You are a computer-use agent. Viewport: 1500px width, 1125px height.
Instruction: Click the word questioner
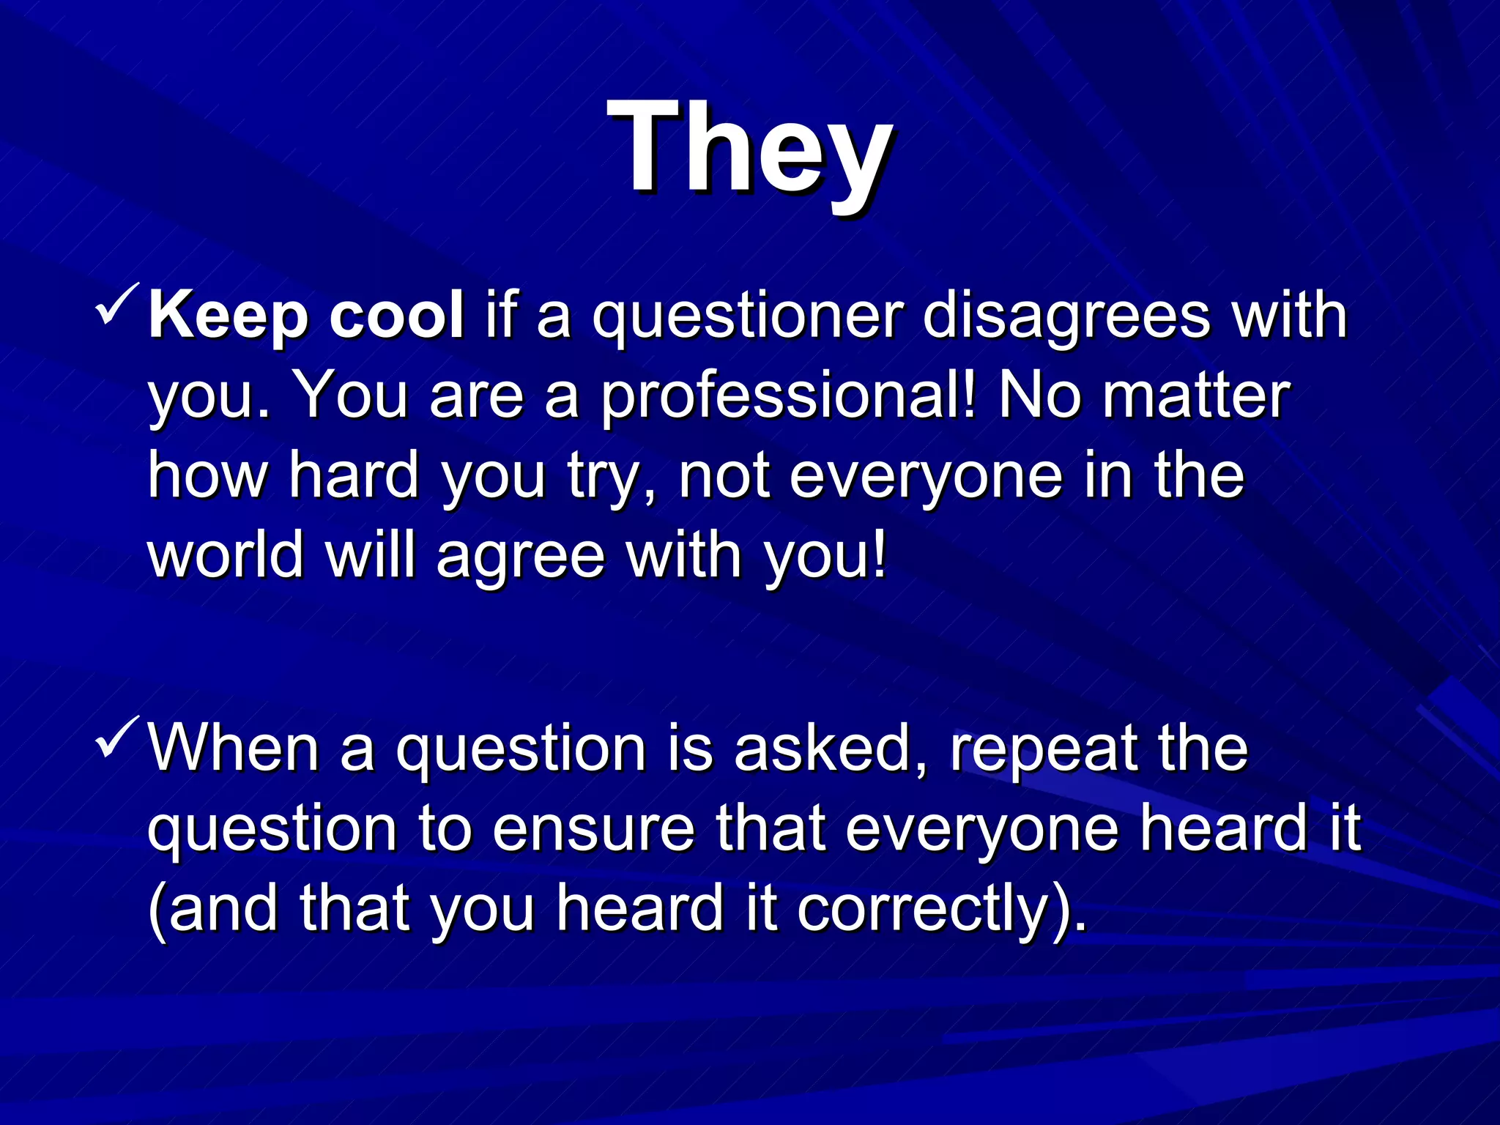[748, 316]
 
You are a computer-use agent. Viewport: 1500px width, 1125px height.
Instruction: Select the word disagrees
[1066, 316]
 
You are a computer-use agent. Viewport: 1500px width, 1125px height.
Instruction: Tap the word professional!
[789, 396]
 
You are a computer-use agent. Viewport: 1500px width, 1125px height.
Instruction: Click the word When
[234, 749]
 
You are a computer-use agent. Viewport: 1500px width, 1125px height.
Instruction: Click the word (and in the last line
[213, 909]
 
